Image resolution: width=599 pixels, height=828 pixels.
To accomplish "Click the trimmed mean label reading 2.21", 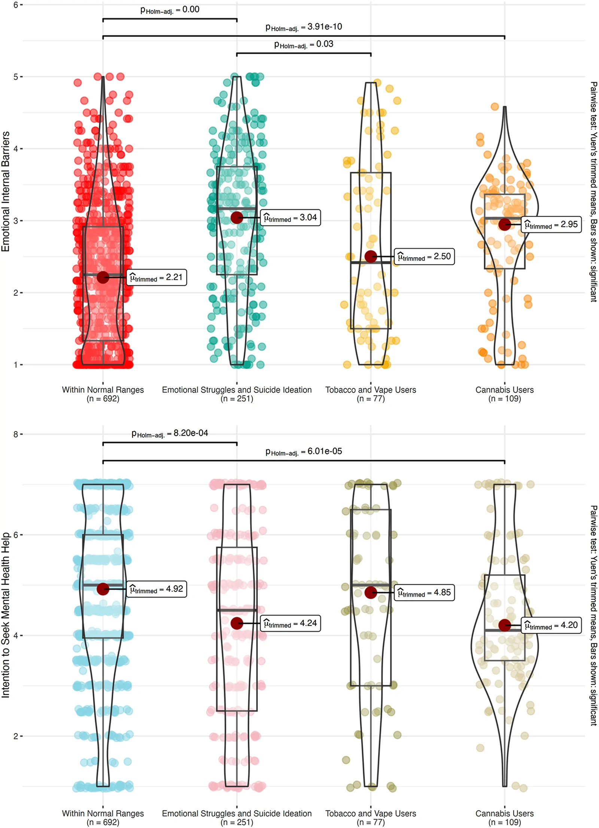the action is (156, 277).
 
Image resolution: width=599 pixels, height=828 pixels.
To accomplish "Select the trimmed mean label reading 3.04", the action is (291, 218).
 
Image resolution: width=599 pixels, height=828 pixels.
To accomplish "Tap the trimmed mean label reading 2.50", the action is (425, 257).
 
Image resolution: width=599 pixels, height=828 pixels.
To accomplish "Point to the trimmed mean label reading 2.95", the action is (551, 224).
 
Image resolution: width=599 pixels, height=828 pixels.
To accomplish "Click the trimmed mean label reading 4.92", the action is (156, 589).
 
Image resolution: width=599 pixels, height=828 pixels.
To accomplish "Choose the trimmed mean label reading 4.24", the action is (291, 623).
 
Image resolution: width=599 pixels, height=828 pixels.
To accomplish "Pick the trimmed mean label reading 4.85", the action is (425, 592).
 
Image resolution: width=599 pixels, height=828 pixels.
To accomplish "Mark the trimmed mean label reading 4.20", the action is (551, 625).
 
